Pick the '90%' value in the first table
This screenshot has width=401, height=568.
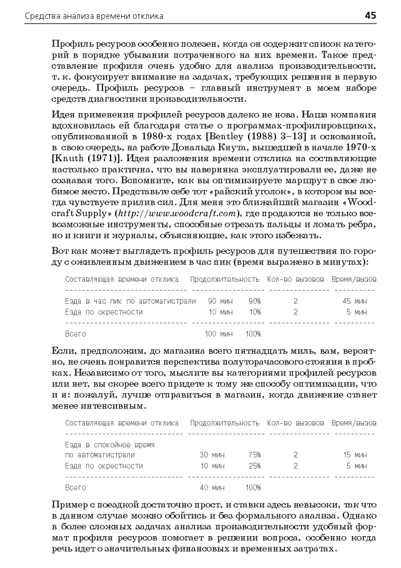click(254, 301)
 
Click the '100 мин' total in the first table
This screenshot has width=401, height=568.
click(218, 333)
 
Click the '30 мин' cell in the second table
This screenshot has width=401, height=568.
click(212, 455)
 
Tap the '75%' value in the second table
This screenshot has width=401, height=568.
click(254, 455)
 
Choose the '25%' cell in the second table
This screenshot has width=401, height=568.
click(254, 466)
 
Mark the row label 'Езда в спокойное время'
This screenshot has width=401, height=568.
click(110, 444)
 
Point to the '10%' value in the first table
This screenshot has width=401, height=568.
click(254, 311)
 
